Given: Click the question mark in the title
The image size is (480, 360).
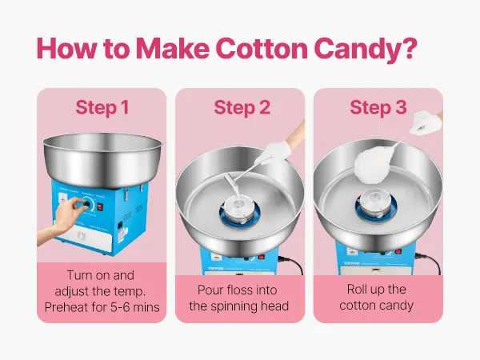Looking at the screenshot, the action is [408, 48].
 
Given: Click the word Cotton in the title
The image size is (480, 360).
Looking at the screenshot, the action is [262, 48].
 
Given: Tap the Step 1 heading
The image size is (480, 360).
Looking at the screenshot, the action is [102, 107].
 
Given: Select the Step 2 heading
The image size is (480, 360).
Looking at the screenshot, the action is [242, 107].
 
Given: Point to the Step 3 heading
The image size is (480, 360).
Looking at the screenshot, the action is [378, 107].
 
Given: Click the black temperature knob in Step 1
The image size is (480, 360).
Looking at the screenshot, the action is [87, 204].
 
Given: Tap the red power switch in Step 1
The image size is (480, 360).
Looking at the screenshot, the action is [100, 207].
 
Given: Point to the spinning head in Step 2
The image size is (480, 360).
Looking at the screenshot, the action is [239, 209].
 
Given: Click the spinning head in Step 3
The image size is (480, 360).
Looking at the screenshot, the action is [375, 202].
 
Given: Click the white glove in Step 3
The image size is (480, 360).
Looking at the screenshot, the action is [426, 123].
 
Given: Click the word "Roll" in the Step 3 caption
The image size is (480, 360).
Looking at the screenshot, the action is [357, 289].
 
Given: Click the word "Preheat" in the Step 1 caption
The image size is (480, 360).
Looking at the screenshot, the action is [65, 307].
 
